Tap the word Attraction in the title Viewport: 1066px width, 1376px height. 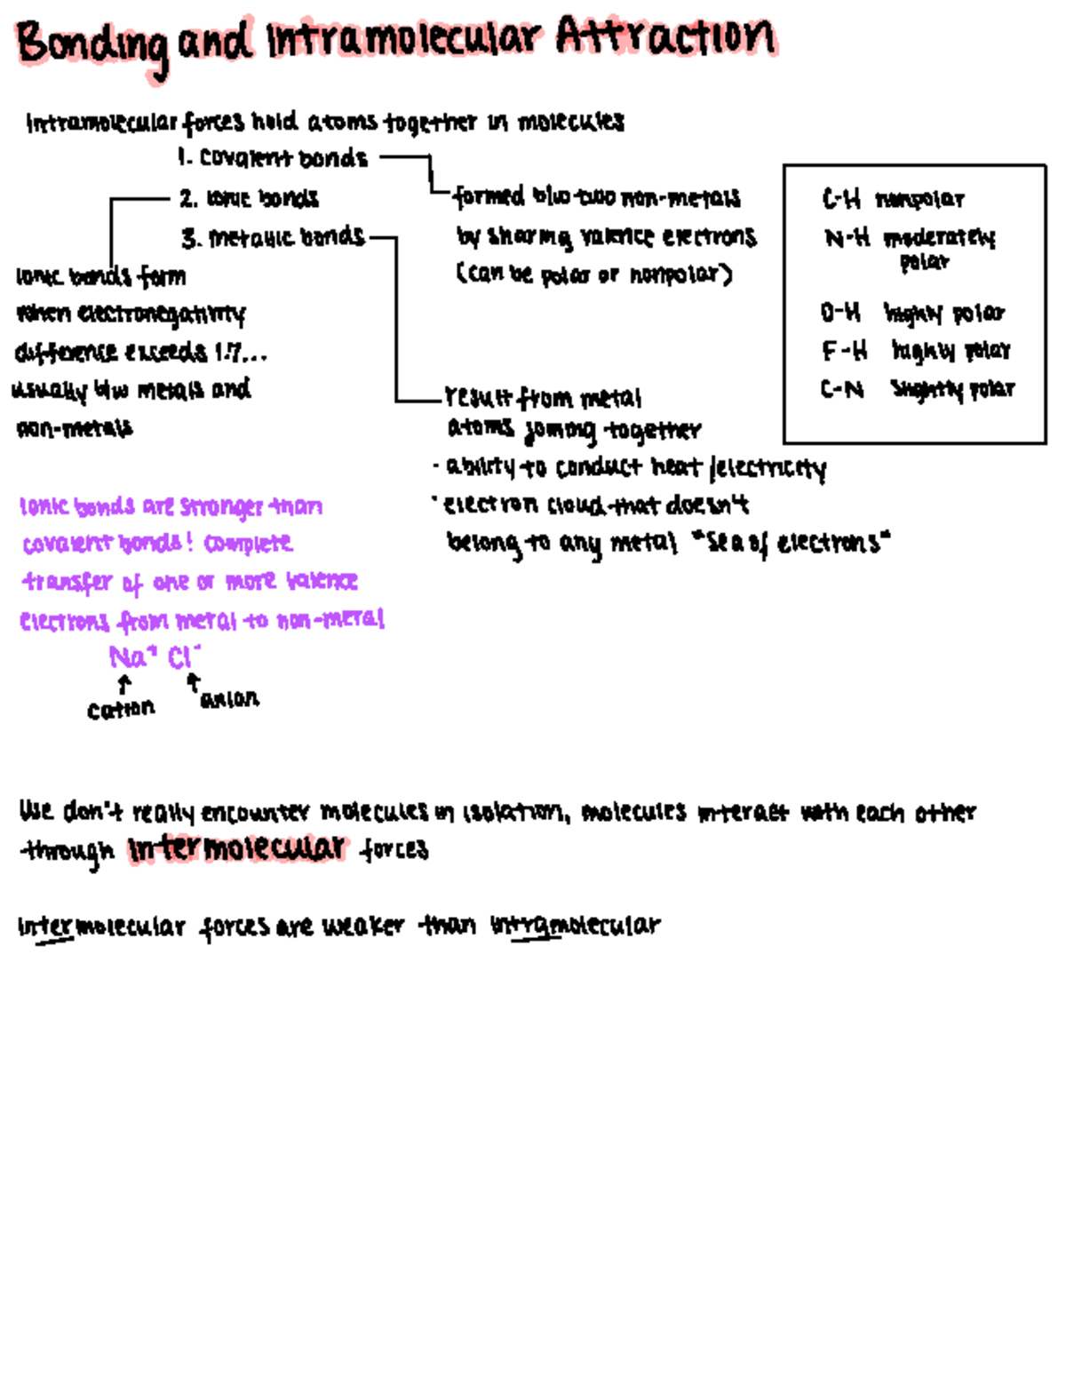tap(666, 37)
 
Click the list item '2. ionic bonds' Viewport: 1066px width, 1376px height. tap(249, 198)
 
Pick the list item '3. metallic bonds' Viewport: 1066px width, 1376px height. tap(273, 237)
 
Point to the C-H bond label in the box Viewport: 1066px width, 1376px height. tap(841, 199)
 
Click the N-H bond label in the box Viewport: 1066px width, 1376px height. tap(847, 237)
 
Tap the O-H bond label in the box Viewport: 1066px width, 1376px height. tap(840, 313)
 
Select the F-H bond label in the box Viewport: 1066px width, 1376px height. tap(843, 351)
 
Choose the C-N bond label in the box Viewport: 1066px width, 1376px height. tap(841, 389)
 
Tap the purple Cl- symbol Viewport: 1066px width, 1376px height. tap(183, 657)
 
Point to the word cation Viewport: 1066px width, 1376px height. tap(121, 709)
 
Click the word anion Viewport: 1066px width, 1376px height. tap(230, 699)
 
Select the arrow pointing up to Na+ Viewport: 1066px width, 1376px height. tap(124, 684)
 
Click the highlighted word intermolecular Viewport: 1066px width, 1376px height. tap(236, 848)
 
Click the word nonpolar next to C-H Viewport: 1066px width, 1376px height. tap(919, 199)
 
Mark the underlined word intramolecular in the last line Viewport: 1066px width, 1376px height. tap(576, 926)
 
